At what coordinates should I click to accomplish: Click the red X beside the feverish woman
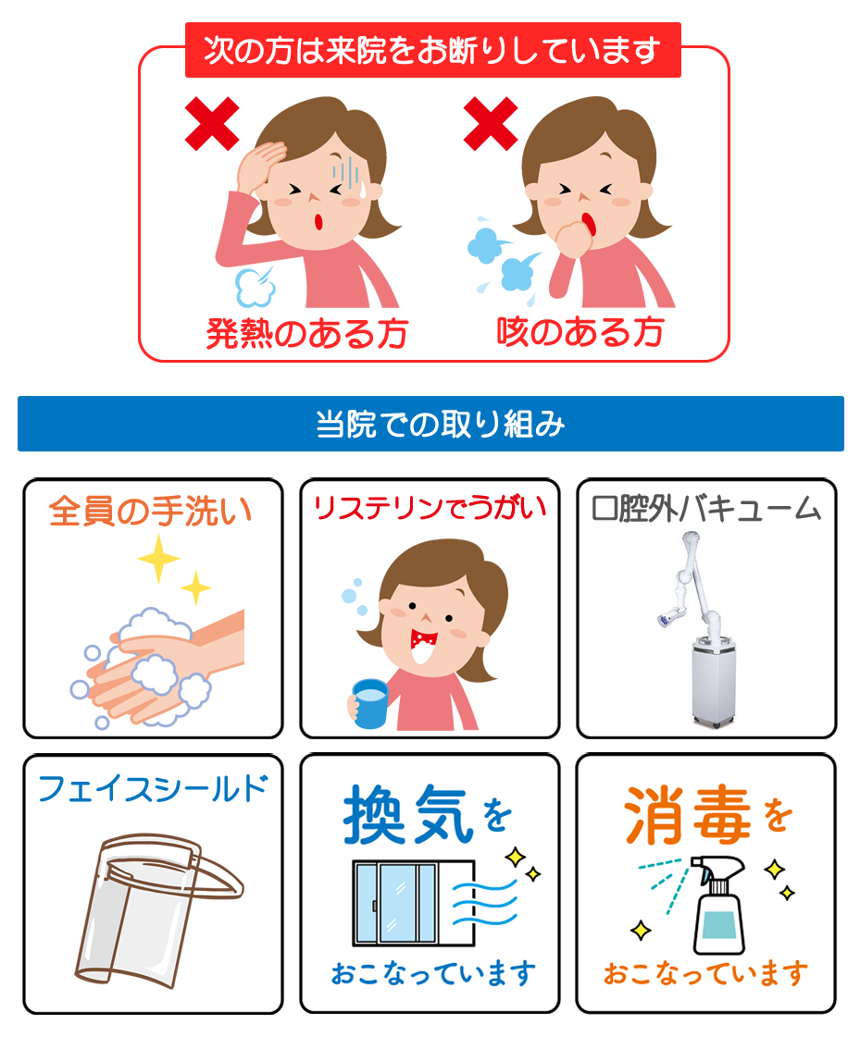(x=212, y=124)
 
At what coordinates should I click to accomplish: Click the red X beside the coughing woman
(x=490, y=124)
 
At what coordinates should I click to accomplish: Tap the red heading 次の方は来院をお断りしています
(x=432, y=50)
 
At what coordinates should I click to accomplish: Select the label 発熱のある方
(x=306, y=333)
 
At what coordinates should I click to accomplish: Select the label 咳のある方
(x=580, y=331)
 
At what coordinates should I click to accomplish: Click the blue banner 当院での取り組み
(x=430, y=424)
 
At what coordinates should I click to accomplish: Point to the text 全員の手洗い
(x=150, y=511)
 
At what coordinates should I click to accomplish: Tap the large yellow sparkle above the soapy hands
(x=157, y=558)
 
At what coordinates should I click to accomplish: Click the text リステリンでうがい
(x=430, y=508)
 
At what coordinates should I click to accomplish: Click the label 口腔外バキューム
(x=706, y=508)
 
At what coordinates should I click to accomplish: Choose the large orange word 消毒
(x=687, y=816)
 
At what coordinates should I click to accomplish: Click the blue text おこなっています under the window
(x=433, y=973)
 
